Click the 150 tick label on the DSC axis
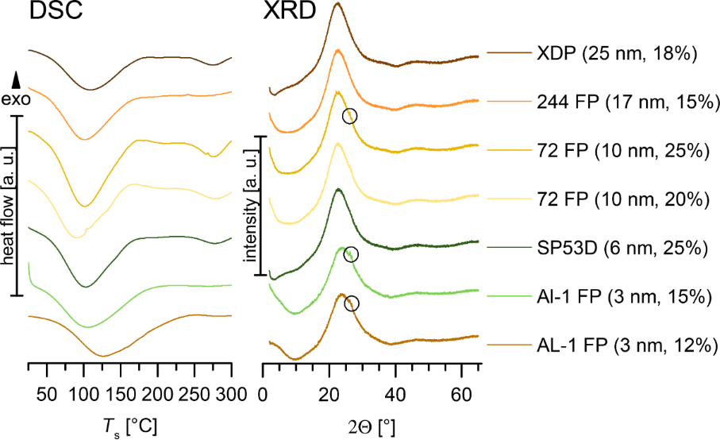(121, 394)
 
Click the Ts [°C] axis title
(129, 425)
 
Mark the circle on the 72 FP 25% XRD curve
(350, 116)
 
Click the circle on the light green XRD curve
(351, 254)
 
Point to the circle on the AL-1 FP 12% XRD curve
(352, 303)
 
